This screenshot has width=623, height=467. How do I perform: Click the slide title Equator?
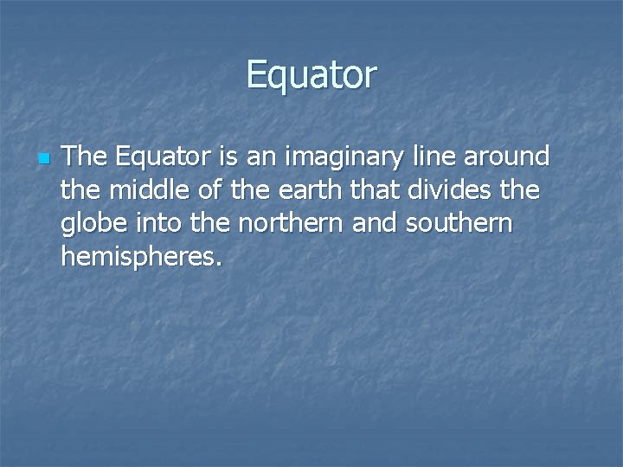click(311, 75)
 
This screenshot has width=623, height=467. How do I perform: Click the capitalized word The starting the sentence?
click(86, 157)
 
